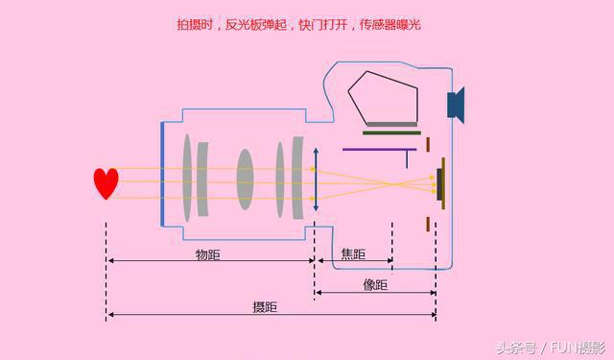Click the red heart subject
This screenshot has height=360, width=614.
pos(106,182)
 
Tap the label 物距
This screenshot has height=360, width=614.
pos(209,254)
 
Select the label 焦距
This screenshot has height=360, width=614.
pos(353,254)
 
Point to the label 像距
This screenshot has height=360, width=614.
pos(375,285)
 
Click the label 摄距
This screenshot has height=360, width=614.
pos(265,307)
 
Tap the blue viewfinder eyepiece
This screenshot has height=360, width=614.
pos(456,103)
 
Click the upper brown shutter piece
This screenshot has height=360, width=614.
pos(427,144)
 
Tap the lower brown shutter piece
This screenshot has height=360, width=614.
pos(427,224)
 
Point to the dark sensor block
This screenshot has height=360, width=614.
pos(439,183)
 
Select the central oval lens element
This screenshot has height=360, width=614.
pos(246,178)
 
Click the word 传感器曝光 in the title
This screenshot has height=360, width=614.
pos(390,25)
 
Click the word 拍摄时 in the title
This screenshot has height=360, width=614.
pos(195,25)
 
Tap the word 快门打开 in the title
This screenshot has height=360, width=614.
pos(324,25)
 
